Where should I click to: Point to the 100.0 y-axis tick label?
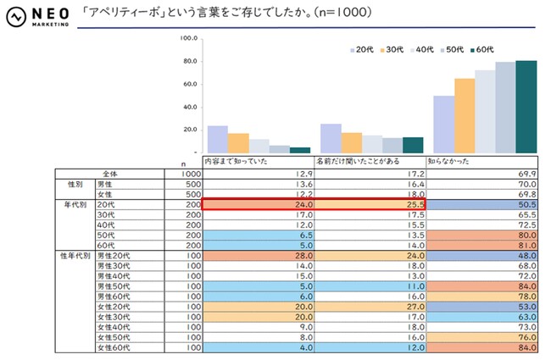click(x=188, y=39)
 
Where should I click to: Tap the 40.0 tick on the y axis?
click(x=190, y=108)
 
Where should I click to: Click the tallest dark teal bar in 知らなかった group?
click(x=526, y=107)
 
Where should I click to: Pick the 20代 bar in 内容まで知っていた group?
click(x=218, y=139)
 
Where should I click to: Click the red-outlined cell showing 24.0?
click(x=257, y=204)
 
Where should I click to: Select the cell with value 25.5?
click(x=369, y=204)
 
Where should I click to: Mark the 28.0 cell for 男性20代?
click(x=257, y=255)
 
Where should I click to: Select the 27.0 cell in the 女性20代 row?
click(x=369, y=306)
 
